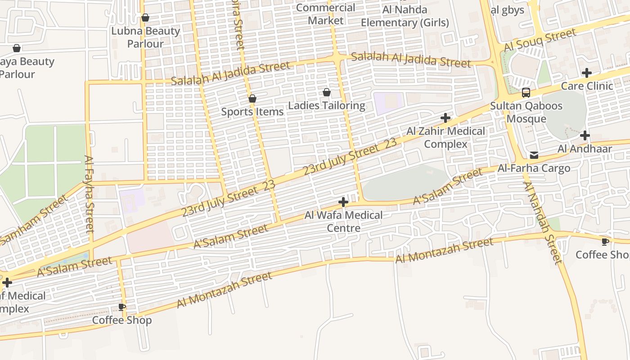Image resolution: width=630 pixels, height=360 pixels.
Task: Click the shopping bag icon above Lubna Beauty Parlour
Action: [x=145, y=18]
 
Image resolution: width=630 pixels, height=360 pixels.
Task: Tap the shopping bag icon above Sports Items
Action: [x=252, y=99]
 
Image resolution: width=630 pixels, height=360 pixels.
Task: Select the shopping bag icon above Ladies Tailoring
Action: [x=327, y=93]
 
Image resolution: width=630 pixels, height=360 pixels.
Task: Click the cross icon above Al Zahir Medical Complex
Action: [x=445, y=118]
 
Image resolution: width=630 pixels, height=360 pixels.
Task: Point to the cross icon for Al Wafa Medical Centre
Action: [x=343, y=202]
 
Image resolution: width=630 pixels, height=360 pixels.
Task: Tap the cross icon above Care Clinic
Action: [x=587, y=73]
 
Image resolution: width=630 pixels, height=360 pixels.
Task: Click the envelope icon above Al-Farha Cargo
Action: [x=534, y=155]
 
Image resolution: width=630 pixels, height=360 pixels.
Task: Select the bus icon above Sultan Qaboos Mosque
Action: [x=526, y=93]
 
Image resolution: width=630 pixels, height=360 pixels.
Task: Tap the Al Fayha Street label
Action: [x=89, y=200]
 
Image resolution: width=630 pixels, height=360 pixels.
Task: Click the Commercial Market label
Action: [x=325, y=14]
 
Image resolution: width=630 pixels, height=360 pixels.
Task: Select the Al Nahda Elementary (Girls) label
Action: [x=405, y=16]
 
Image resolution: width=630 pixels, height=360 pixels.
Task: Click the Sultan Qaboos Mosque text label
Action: [x=526, y=112]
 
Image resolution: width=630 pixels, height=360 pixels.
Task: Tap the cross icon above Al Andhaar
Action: [x=585, y=135]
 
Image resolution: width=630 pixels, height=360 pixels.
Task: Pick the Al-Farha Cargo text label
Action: [x=534, y=168]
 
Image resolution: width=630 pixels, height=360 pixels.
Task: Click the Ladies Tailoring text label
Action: [x=327, y=106]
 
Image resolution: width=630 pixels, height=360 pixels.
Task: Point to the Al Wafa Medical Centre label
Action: [x=343, y=221]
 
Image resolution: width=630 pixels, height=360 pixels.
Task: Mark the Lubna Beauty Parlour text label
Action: [x=145, y=37]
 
